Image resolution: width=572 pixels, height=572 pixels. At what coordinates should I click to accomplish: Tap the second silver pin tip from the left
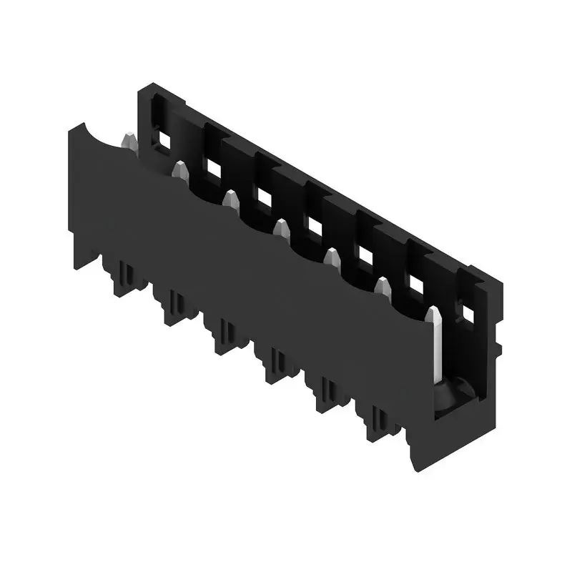point(180,169)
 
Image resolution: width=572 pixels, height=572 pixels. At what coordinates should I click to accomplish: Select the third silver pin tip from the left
point(230,199)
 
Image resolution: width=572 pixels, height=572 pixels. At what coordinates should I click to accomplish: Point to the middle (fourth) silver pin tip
point(282,230)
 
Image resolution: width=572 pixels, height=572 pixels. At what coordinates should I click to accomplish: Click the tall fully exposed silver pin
point(433,343)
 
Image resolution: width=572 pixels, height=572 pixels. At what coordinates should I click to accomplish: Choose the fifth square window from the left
point(365,255)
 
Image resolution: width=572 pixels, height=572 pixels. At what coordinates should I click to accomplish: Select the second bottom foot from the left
point(175,303)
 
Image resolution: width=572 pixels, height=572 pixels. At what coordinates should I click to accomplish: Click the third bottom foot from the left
point(227,333)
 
